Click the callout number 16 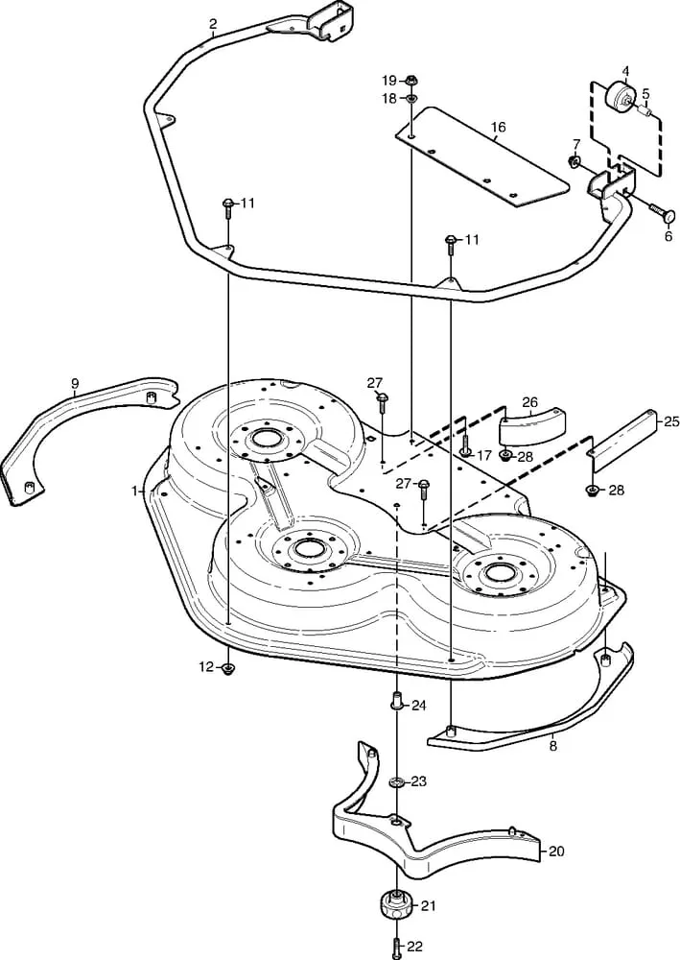coord(498,128)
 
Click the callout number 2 coord(212,23)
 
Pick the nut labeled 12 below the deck coord(228,668)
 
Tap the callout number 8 coord(552,744)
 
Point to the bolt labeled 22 coord(396,948)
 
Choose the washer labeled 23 coord(396,782)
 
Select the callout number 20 coord(557,851)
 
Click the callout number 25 coord(671,420)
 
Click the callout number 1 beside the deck coord(135,491)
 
